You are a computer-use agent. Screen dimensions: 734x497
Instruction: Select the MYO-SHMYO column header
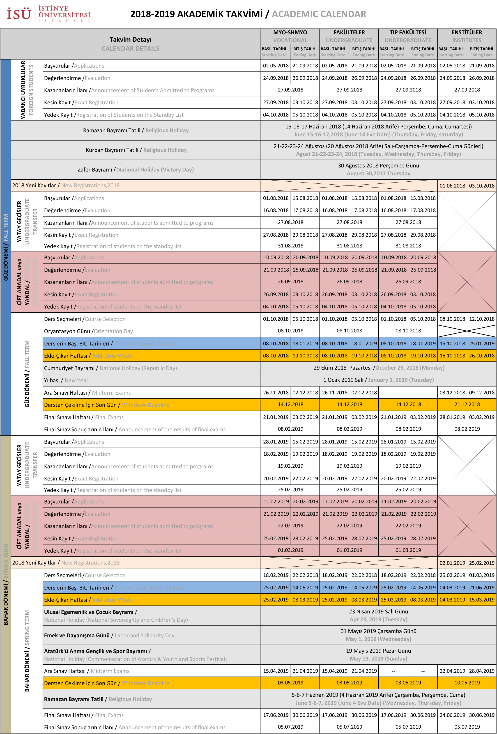point(290,32)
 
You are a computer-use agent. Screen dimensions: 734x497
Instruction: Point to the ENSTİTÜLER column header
point(466,32)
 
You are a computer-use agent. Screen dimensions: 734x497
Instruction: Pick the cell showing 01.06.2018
point(452,186)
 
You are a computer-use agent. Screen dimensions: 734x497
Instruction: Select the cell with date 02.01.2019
point(452,563)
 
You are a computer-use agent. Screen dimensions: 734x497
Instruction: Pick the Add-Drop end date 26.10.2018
point(481,356)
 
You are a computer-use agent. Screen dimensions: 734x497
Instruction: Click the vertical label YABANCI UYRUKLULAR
point(23,90)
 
